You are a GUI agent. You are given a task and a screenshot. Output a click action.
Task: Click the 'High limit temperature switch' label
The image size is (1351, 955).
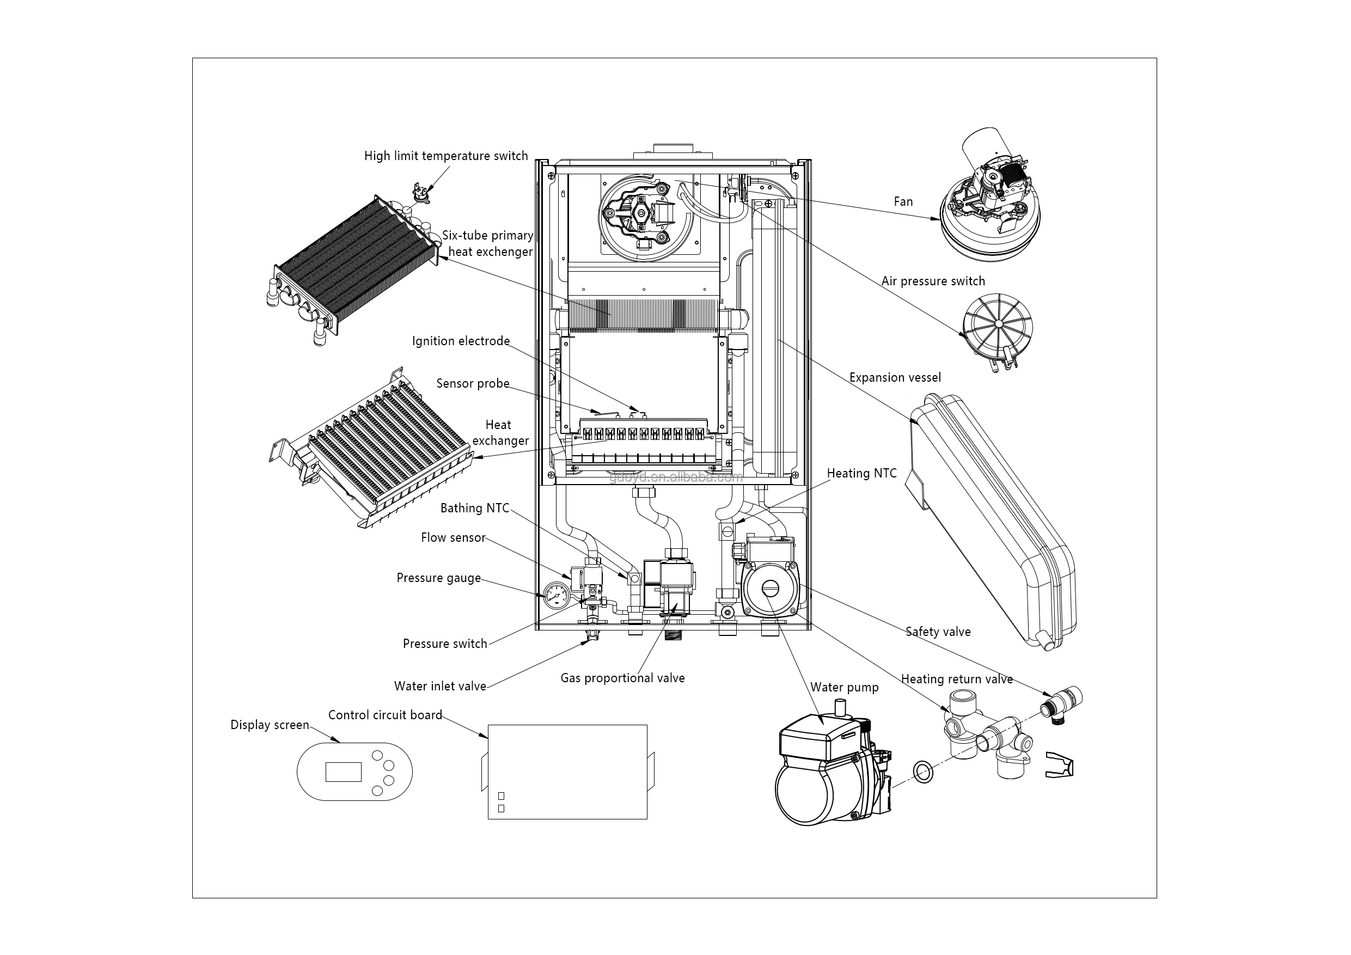445,156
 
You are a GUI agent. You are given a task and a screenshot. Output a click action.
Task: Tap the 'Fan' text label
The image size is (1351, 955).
903,202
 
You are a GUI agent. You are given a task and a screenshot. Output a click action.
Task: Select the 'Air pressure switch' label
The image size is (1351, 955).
933,281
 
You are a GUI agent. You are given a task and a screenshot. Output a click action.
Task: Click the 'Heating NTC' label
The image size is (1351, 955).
861,474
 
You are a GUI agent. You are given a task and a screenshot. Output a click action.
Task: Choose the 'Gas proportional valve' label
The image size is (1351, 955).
622,678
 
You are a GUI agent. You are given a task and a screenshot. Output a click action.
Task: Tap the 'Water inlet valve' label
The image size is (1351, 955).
439,686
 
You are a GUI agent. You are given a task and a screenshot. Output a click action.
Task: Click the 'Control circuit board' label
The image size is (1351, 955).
385,715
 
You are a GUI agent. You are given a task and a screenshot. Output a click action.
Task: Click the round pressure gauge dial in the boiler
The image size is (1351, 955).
555,596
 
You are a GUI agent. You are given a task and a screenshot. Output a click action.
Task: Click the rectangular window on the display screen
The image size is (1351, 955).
344,772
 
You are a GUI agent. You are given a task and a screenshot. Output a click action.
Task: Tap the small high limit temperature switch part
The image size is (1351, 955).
421,195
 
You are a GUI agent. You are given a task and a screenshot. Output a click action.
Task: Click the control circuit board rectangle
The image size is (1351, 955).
567,772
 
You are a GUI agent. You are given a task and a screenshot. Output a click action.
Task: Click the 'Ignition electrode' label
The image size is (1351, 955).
461,341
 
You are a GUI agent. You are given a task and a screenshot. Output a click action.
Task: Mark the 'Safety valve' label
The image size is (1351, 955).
938,632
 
